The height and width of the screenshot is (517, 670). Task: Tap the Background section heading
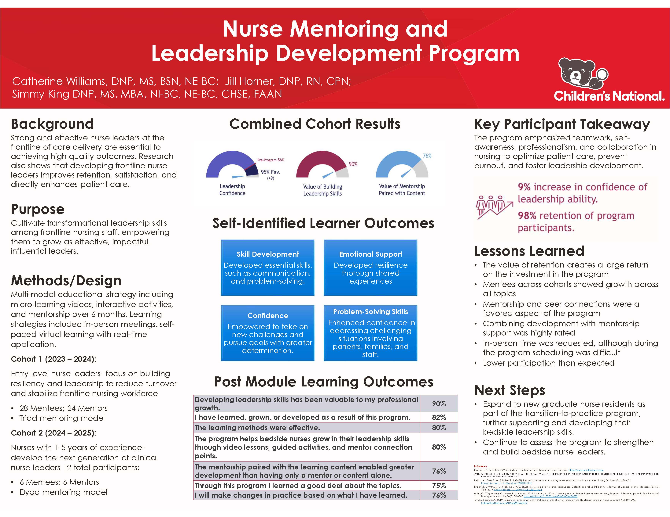point(52,124)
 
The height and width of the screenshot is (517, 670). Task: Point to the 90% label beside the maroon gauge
point(353,164)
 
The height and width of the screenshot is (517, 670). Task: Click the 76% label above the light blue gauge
point(427,156)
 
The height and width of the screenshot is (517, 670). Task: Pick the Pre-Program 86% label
point(271,160)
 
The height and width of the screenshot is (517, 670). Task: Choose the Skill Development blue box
point(267,267)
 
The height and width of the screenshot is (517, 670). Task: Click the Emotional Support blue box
point(370,267)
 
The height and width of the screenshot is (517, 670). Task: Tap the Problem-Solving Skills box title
point(370,312)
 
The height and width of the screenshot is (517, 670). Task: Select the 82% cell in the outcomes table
point(439,417)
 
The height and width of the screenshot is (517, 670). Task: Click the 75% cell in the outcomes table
point(439,485)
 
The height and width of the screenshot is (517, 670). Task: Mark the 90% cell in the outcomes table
point(439,404)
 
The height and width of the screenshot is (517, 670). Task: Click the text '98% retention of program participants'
point(576,222)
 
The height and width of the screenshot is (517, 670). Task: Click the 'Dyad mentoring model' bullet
point(63,492)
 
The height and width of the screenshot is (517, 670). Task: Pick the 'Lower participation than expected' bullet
point(548,363)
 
